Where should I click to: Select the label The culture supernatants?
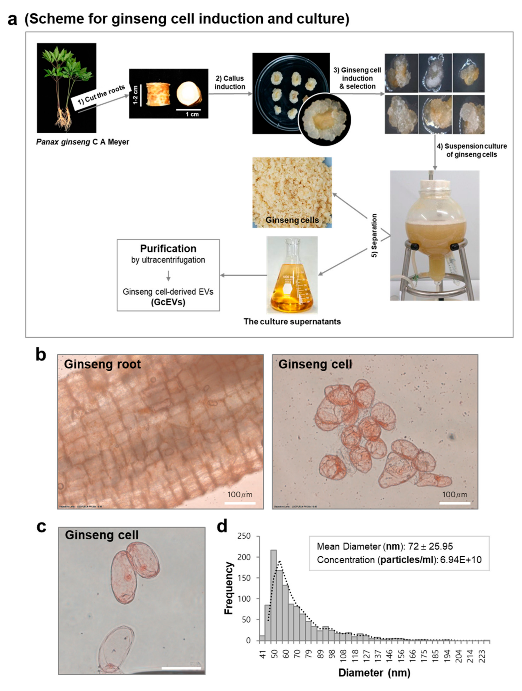(x=292, y=322)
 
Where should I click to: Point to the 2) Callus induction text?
(x=230, y=82)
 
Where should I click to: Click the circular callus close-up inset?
(x=324, y=119)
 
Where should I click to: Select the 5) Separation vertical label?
(x=374, y=235)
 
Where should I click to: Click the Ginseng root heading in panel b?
(x=102, y=364)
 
